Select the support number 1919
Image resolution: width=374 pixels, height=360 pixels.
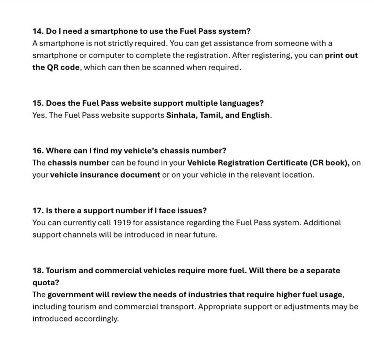(x=122, y=222)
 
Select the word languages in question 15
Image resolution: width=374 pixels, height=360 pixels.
(x=244, y=103)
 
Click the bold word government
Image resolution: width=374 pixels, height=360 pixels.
(x=71, y=295)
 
